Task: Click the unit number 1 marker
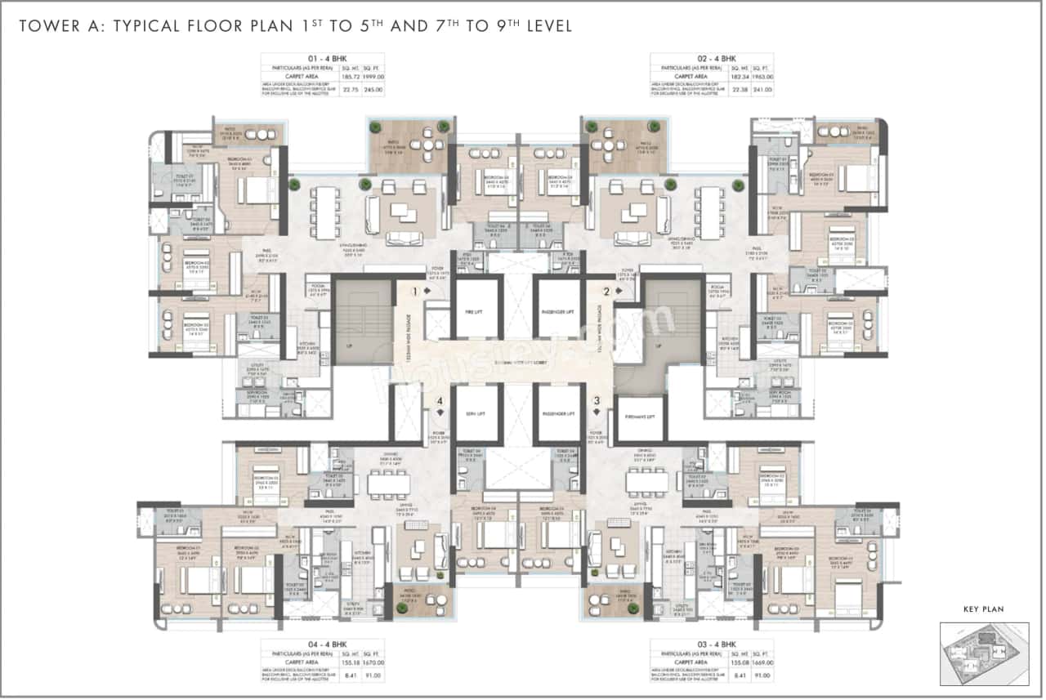tap(415, 291)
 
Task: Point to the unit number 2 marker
tap(606, 291)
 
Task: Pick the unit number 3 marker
tap(597, 400)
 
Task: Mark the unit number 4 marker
tap(440, 400)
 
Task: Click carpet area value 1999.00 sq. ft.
tap(373, 76)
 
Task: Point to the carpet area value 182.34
tap(740, 76)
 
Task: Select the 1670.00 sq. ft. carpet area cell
tap(373, 663)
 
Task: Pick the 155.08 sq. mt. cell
tap(740, 663)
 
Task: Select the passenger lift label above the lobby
tap(559, 310)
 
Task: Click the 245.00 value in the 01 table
tap(373, 90)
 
